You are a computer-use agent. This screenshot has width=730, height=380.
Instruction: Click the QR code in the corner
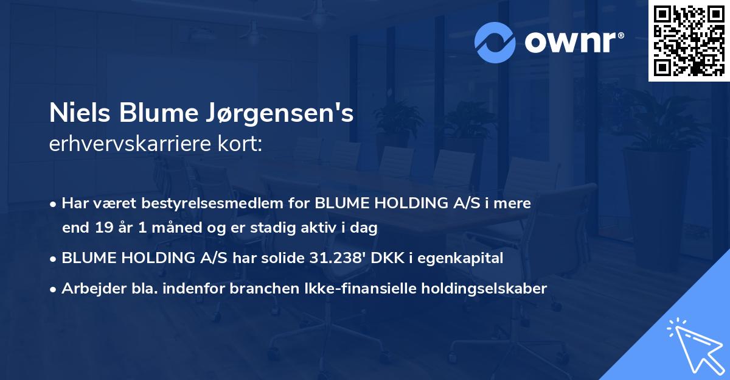689,41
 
